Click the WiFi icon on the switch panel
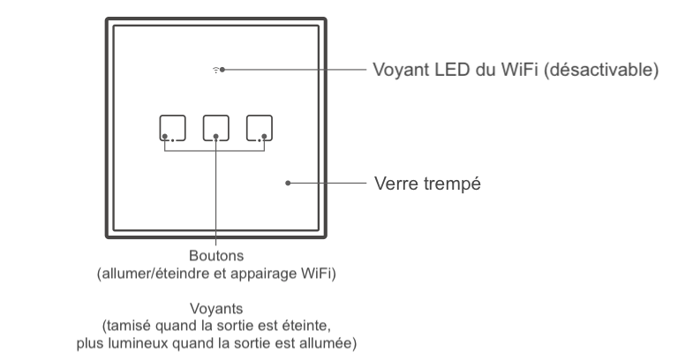pos(215,69)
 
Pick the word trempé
pos(453,184)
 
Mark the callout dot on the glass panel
pos(289,184)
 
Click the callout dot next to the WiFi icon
pos(223,69)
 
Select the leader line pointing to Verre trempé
pos(327,184)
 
